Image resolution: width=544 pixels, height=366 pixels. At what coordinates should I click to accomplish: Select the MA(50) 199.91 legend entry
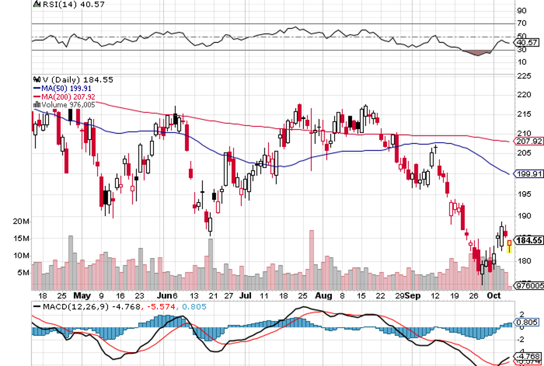tap(62, 88)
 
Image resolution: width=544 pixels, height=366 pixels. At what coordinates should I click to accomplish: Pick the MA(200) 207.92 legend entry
tap(63, 96)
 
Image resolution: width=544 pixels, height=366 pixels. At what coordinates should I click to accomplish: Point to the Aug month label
tap(323, 295)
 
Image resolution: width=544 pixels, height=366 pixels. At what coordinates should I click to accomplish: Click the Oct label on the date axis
tap(495, 295)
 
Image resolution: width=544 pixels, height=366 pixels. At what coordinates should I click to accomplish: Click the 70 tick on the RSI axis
tap(521, 23)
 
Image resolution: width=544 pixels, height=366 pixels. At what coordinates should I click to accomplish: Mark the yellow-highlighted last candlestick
tap(509, 246)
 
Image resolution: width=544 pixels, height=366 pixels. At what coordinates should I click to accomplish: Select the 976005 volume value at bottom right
tap(530, 285)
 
